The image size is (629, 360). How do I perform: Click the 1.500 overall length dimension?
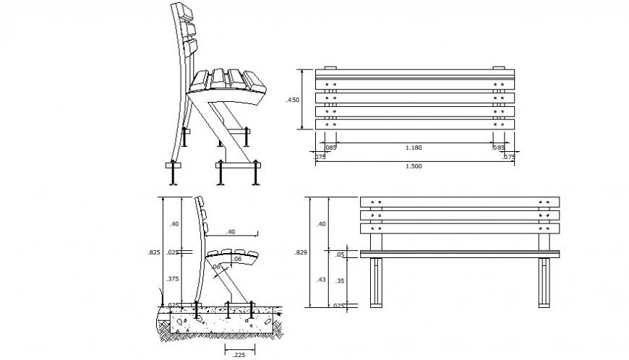click(414, 166)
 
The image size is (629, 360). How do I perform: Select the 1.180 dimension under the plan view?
click(414, 148)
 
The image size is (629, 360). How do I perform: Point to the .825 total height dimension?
click(153, 252)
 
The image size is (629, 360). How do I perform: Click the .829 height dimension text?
click(299, 252)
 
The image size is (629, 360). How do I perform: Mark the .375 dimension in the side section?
click(174, 278)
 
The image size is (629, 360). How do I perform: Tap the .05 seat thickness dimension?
click(340, 254)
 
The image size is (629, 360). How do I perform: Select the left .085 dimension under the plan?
click(330, 148)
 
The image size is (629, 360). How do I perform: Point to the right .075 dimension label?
click(508, 156)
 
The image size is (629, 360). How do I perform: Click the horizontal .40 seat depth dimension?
click(230, 231)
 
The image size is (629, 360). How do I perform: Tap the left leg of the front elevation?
click(377, 283)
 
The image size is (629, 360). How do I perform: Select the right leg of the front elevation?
click(544, 283)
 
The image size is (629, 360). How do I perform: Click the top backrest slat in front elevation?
click(460, 202)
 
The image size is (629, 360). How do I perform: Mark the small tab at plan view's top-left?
click(330, 68)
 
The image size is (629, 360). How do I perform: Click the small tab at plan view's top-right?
click(498, 68)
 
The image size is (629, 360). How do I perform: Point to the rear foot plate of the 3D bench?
click(174, 166)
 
